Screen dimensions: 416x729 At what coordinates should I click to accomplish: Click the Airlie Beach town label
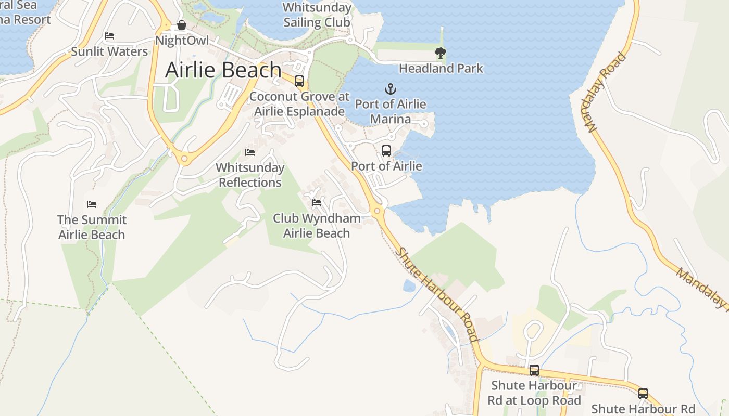223,70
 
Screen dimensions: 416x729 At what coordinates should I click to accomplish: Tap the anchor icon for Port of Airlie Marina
391,89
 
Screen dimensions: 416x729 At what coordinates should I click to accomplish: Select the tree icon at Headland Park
441,52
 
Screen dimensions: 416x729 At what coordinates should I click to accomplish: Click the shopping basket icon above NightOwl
182,25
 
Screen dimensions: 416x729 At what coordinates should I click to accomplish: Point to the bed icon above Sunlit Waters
109,36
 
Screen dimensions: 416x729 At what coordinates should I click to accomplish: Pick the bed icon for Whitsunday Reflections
250,152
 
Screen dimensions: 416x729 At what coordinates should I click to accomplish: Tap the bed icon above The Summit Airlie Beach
92,204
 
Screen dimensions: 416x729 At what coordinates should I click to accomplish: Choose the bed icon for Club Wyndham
317,203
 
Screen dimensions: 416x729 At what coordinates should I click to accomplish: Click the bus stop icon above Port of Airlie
386,151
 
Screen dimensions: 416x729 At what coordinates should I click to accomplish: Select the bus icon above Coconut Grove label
299,81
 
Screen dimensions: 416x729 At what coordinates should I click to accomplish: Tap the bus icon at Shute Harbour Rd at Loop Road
534,370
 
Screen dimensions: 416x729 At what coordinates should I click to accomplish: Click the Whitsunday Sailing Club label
317,15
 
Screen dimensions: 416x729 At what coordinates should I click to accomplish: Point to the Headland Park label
441,69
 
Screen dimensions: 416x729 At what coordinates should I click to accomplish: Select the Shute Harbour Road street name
437,295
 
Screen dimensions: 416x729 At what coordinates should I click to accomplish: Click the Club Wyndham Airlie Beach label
317,226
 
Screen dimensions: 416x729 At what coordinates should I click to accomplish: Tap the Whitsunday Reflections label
250,175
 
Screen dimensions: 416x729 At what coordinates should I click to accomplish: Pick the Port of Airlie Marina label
391,112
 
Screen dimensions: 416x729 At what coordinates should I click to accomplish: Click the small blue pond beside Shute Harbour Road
410,285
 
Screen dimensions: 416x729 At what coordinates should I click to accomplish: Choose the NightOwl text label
182,41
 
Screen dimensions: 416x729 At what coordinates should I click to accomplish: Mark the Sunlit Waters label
109,51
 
